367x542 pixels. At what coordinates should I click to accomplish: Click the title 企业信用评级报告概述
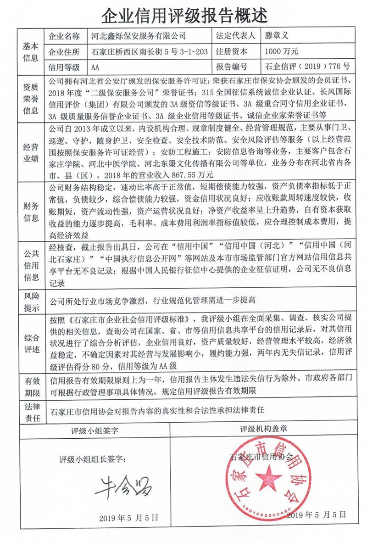coord(183,16)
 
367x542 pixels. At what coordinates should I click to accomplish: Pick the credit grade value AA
coord(95,67)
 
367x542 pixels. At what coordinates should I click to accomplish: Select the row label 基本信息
coord(31,51)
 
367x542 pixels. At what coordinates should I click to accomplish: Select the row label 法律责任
coord(31,412)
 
